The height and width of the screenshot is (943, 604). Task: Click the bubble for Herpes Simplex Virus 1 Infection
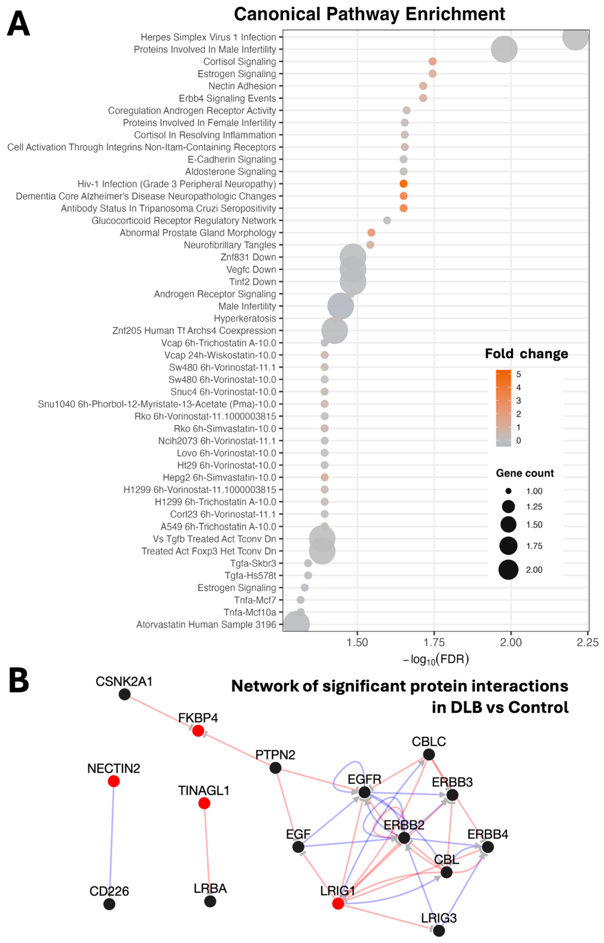pos(575,37)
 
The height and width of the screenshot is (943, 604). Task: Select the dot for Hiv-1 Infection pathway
pos(403,184)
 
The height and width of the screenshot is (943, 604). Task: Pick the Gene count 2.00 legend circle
pos(508,569)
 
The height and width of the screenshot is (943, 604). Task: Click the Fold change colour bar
pos(504,408)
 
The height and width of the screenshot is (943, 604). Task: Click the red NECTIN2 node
pos(114,781)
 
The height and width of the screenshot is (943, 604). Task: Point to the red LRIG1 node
pos(338,903)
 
